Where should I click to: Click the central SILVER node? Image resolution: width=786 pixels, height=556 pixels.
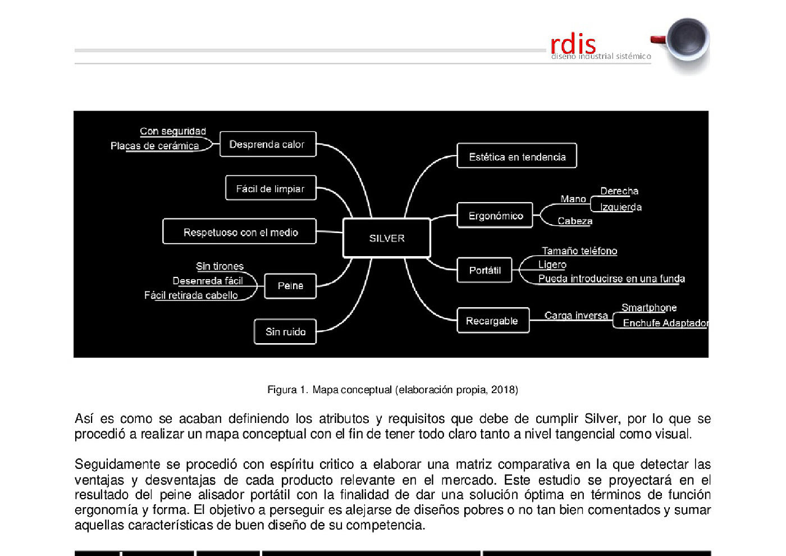pos(387,238)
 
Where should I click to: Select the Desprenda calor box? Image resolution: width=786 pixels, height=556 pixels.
pos(267,144)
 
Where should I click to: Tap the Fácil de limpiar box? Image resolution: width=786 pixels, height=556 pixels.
pos(270,189)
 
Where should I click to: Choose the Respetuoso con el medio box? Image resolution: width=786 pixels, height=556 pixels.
pos(240,232)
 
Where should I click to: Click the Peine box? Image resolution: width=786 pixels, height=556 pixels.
pos(290,286)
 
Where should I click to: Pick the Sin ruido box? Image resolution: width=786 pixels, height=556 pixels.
pos(285,332)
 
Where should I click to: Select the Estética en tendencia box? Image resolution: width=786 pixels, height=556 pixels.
pos(517,157)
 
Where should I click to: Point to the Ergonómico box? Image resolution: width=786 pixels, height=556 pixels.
pos(495,216)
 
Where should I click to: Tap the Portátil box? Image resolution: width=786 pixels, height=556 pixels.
pos(485,270)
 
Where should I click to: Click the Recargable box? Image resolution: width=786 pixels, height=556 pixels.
pos(492,321)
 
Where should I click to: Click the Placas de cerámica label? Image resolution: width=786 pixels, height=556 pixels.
pos(154,146)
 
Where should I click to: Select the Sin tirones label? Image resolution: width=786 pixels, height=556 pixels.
pos(220,266)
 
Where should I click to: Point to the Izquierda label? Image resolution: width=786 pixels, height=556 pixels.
pos(620,207)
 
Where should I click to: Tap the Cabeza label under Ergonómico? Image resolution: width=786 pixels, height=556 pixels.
pos(574,221)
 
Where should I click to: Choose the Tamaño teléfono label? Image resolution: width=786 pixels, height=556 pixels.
pos(579,251)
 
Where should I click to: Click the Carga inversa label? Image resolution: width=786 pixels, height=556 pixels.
pos(576,316)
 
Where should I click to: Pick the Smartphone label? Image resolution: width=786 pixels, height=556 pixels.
pos(648,308)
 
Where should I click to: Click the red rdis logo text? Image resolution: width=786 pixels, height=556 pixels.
pos(573,44)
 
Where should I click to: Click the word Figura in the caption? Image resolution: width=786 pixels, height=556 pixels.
pos(281,390)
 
